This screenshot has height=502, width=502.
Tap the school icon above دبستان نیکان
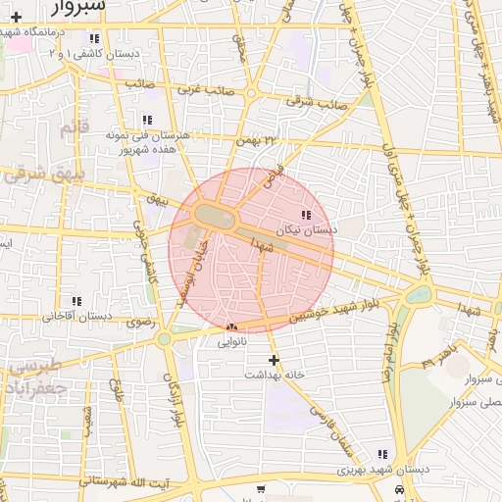[306, 215]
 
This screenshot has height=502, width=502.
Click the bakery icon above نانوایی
[231, 327]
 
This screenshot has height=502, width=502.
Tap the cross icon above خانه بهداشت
[275, 360]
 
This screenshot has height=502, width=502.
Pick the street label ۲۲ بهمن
[257, 142]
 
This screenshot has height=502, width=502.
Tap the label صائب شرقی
[317, 100]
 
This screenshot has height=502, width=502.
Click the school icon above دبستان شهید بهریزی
[381, 454]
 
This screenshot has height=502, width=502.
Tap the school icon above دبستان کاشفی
[94, 38]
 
